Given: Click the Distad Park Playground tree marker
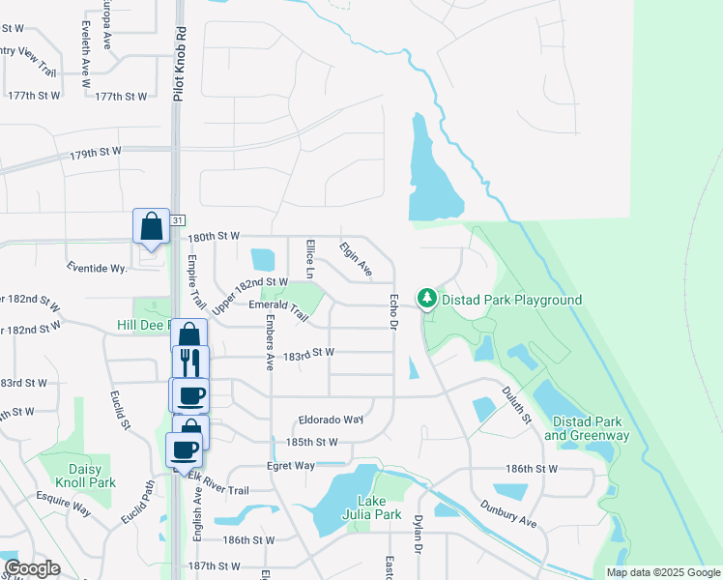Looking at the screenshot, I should [426, 299].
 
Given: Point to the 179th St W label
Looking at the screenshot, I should [96, 153].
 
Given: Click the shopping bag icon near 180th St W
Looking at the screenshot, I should [152, 228].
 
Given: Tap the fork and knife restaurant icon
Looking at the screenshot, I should [190, 364].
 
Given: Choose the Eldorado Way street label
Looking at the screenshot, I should [331, 420].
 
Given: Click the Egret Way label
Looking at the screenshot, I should [292, 466].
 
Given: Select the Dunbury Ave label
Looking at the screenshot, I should [508, 512].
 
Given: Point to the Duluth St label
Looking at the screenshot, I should [516, 404].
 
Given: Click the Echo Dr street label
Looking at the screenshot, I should [394, 310].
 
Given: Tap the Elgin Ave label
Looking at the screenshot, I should [356, 259].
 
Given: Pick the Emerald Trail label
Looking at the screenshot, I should [278, 309].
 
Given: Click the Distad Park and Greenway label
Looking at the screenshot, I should [587, 428].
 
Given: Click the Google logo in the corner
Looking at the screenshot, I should [32, 568].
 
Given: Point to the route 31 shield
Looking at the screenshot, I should [177, 221].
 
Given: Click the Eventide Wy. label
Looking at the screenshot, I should [97, 267].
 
